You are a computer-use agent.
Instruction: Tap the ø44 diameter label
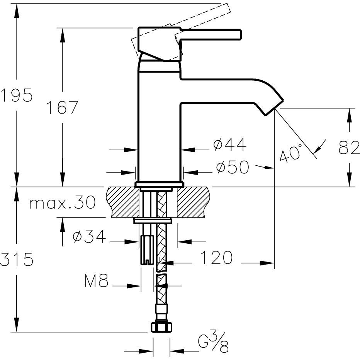pyautogui.click(x=229, y=145)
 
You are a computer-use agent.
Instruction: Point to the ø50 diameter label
pyautogui.click(x=232, y=167)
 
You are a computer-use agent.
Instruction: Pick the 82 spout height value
pyautogui.click(x=349, y=148)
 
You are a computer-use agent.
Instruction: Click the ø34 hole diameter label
pyautogui.click(x=89, y=237)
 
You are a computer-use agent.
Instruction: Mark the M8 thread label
pyautogui.click(x=96, y=282)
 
